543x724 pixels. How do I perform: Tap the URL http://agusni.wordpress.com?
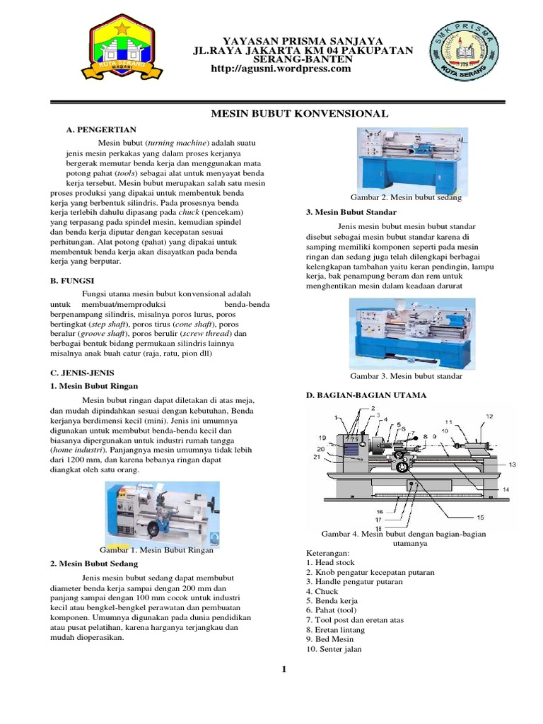[281, 69]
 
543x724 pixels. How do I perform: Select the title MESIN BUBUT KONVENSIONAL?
[300, 113]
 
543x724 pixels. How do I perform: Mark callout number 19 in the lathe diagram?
[322, 438]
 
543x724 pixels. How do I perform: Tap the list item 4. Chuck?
[322, 591]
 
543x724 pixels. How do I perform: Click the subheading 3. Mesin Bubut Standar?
[351, 212]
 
